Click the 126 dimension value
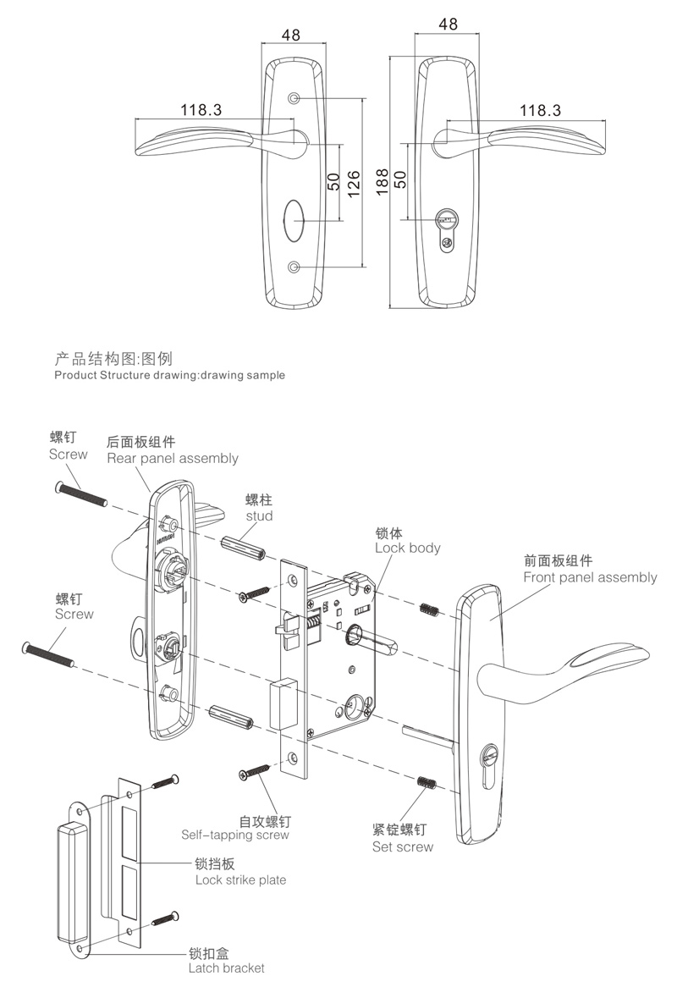click(x=355, y=181)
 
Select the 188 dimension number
click(x=382, y=180)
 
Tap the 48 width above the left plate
click(x=291, y=36)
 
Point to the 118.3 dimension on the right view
click(x=540, y=110)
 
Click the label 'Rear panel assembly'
click(x=173, y=458)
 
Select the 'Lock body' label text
click(x=408, y=548)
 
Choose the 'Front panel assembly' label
click(x=590, y=577)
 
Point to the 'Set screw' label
click(x=403, y=846)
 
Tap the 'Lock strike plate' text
click(x=240, y=879)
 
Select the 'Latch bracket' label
click(x=227, y=968)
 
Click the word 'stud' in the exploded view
click(x=260, y=516)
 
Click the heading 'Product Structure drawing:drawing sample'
click(x=169, y=374)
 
